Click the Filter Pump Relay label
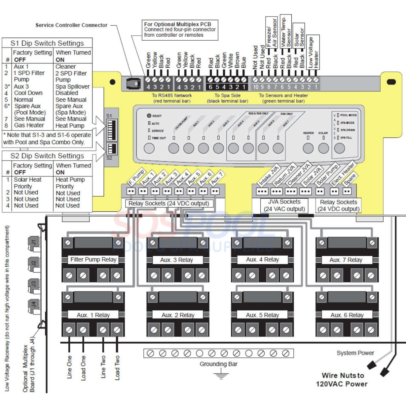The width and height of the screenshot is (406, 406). click(x=93, y=260)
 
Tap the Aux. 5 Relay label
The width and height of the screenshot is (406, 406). click(x=262, y=315)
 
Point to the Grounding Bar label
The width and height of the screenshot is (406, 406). click(x=218, y=364)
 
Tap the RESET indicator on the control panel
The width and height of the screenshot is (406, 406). click(x=149, y=116)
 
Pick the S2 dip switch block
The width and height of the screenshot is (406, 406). click(x=111, y=149)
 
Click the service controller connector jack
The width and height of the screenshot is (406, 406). click(x=134, y=82)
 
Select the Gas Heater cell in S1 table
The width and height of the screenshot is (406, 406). click(x=29, y=125)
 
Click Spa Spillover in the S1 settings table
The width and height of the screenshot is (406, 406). click(x=72, y=87)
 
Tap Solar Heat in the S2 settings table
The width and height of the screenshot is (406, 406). click(x=27, y=180)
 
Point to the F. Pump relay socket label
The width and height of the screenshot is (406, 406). click(x=136, y=177)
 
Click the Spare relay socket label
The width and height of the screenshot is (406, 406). click(x=350, y=179)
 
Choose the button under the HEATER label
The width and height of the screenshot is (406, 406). click(x=308, y=148)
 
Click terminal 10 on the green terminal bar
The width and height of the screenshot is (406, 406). click(x=255, y=87)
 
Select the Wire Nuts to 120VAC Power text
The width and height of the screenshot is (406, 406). click(x=342, y=380)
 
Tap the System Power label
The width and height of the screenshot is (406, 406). click(x=355, y=353)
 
